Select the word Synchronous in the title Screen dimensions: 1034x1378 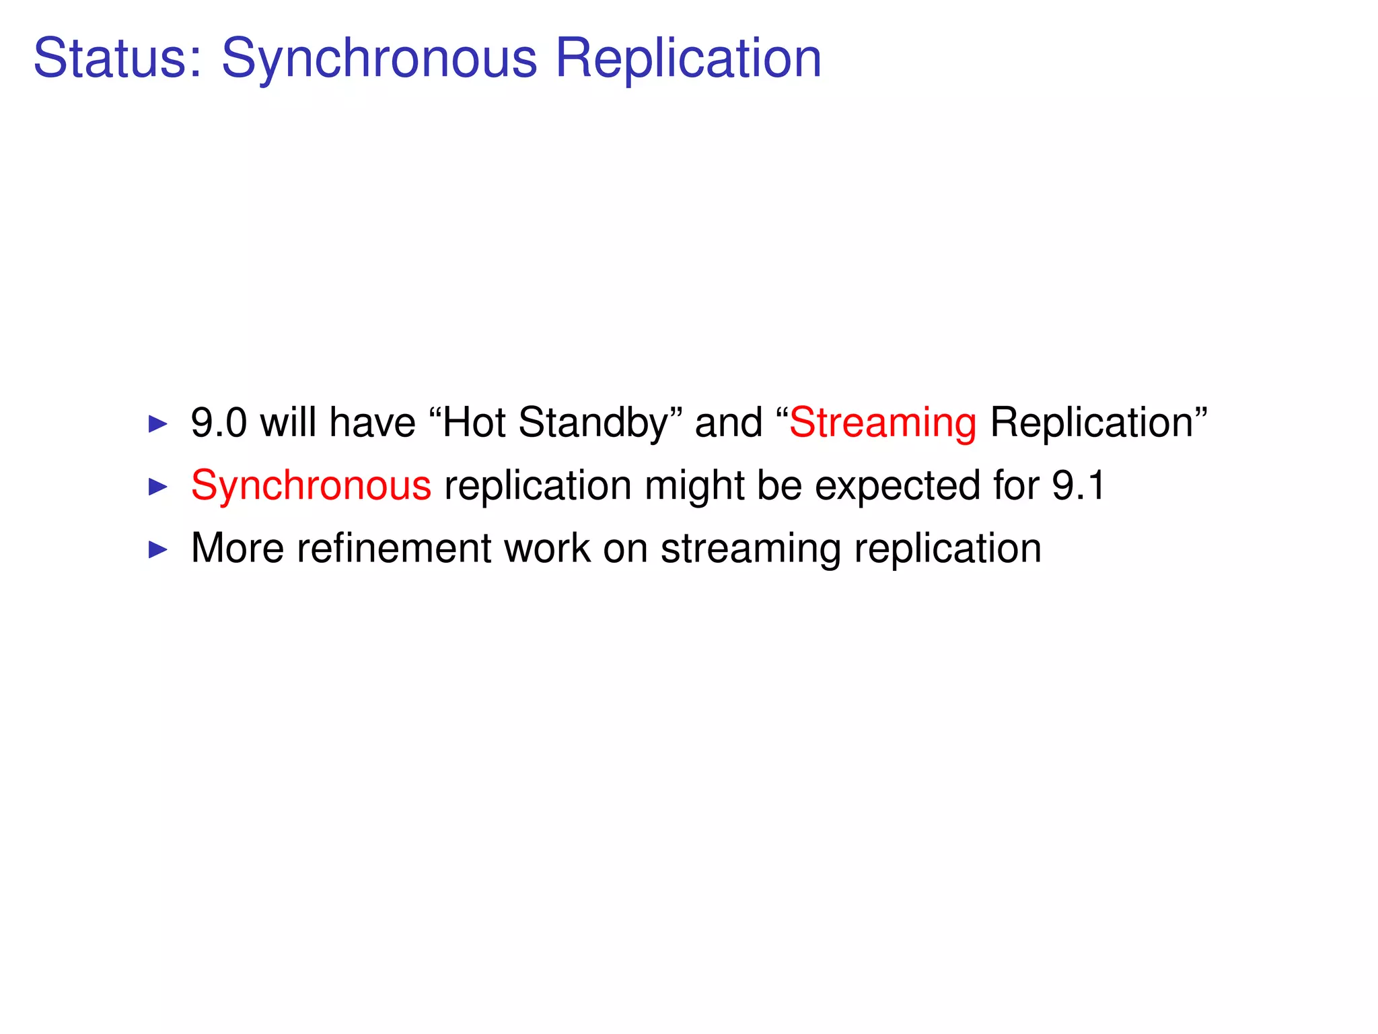coord(379,59)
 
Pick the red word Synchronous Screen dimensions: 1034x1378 coord(311,485)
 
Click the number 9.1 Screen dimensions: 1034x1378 coord(1079,485)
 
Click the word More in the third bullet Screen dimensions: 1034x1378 coord(237,548)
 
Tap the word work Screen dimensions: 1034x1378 coord(546,548)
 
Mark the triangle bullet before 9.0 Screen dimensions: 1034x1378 coord(157,424)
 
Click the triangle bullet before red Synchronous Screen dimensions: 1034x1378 coord(157,487)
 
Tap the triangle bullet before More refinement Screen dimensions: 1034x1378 coord(157,549)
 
